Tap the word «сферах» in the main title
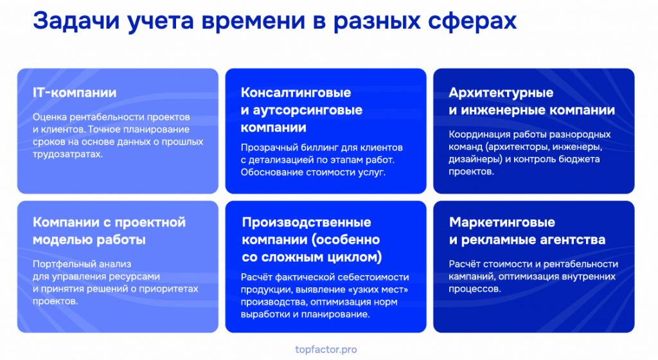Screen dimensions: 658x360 (x=472, y=22)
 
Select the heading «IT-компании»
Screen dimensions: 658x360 (x=75, y=93)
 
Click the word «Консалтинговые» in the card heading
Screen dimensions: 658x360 (x=296, y=93)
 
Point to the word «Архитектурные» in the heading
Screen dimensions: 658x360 (x=501, y=93)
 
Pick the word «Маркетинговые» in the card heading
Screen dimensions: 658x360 (x=502, y=222)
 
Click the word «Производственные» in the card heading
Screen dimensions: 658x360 (x=307, y=222)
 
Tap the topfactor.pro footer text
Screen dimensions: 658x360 (x=326, y=349)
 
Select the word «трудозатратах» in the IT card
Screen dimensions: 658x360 (x=67, y=154)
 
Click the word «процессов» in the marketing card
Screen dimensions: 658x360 (x=474, y=289)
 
